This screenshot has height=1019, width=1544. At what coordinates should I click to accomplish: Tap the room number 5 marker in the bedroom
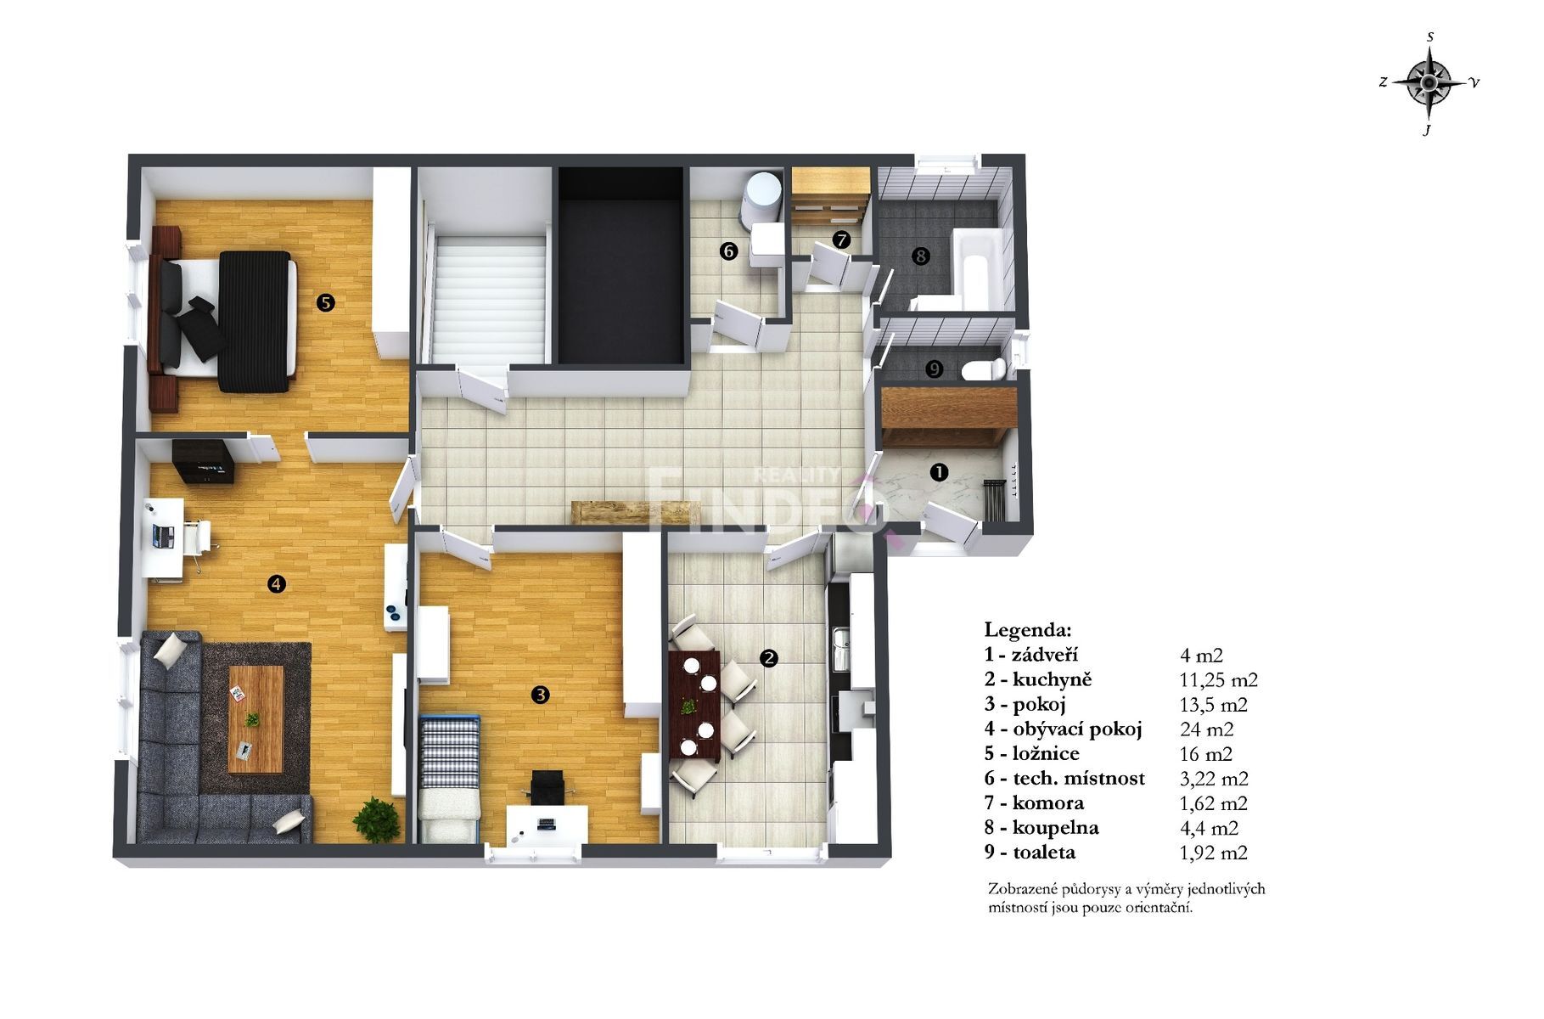click(x=324, y=302)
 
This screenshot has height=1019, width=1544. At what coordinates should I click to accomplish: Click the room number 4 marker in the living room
click(x=276, y=583)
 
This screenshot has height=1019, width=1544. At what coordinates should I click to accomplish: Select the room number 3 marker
click(x=540, y=695)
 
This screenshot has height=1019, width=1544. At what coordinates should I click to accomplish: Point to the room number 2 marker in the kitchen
click(x=769, y=658)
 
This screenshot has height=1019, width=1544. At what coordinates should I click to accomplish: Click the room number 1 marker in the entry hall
click(x=939, y=472)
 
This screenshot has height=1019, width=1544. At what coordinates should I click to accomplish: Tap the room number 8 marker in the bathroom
click(x=920, y=256)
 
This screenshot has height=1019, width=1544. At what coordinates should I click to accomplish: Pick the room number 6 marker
click(x=728, y=251)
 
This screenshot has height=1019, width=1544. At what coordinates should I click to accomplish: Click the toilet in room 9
click(x=984, y=369)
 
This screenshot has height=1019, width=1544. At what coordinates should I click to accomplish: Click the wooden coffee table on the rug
click(x=255, y=718)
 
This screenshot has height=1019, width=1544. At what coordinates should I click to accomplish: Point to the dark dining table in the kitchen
click(x=694, y=704)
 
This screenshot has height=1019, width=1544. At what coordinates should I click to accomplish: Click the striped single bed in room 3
click(x=450, y=778)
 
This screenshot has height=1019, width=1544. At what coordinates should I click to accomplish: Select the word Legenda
click(x=1028, y=630)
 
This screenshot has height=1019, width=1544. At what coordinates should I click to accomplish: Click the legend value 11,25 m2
click(x=1219, y=680)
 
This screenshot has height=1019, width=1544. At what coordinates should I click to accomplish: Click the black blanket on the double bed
click(x=254, y=321)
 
